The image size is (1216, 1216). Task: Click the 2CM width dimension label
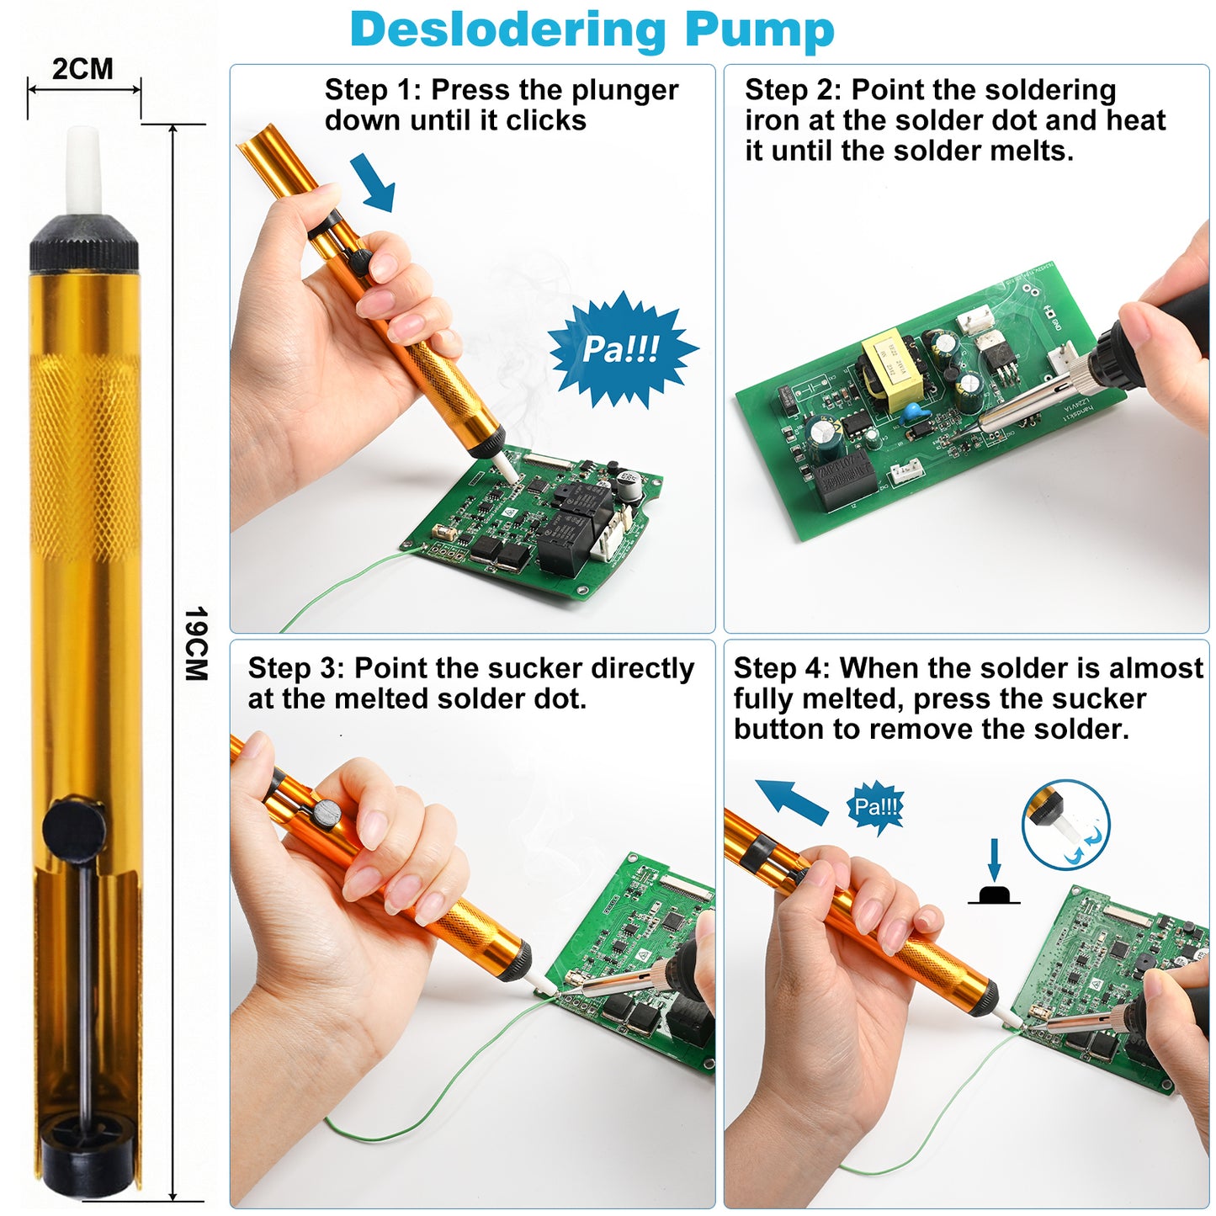pos(82,69)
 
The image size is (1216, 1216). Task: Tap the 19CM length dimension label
pos(195,644)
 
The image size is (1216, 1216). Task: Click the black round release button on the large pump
pos(74,829)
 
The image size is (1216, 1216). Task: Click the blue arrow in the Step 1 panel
pos(373,182)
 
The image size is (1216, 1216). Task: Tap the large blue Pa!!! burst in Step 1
pos(621,349)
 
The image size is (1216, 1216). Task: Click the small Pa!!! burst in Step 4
pos(876,807)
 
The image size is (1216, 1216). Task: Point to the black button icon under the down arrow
pos(994,895)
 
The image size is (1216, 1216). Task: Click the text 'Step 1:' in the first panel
pos(374,90)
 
